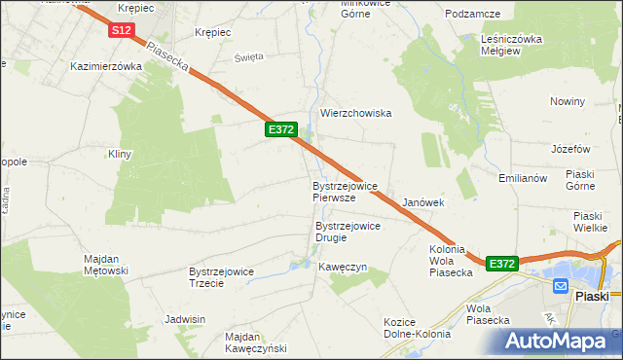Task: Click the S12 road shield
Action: pyautogui.click(x=121, y=31)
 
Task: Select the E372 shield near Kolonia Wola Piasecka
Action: pyautogui.click(x=501, y=264)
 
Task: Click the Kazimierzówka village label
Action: pyautogui.click(x=107, y=67)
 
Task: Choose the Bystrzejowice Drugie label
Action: pyautogui.click(x=348, y=232)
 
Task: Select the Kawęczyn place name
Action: pyautogui.click(x=343, y=267)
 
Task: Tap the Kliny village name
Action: pyautogui.click(x=119, y=154)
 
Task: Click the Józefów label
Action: pyautogui.click(x=570, y=149)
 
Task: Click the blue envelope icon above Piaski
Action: pyautogui.click(x=561, y=285)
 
